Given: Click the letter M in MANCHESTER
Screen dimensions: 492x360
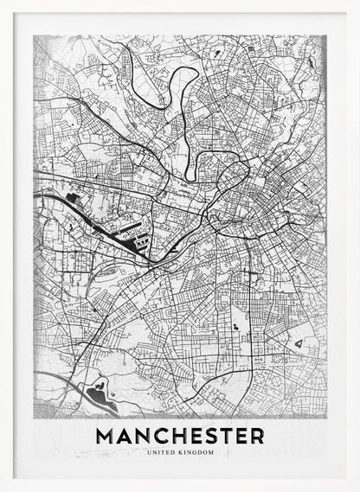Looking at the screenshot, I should pyautogui.click(x=107, y=436).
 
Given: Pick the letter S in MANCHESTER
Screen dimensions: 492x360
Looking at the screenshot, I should pyautogui.click(x=214, y=436).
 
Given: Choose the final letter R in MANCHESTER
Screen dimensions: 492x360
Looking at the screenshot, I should pyautogui.click(x=258, y=436).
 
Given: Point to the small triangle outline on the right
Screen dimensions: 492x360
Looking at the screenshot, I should pyautogui.click(x=299, y=345).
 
